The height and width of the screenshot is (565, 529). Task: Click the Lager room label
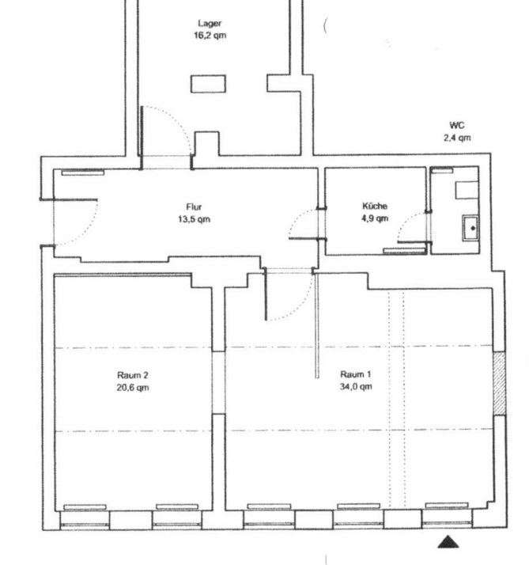pyautogui.click(x=210, y=24)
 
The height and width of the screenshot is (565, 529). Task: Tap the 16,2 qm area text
pyautogui.click(x=210, y=36)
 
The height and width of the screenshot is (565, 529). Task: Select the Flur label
pyautogui.click(x=194, y=207)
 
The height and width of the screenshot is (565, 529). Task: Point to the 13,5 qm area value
pyautogui.click(x=194, y=219)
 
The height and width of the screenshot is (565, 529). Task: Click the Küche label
pyautogui.click(x=375, y=206)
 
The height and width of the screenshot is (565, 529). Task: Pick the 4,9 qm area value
pyautogui.click(x=375, y=218)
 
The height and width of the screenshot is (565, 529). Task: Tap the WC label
pyautogui.click(x=456, y=125)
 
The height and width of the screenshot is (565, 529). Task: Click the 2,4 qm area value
pyautogui.click(x=456, y=138)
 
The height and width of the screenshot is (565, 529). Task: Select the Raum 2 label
pyautogui.click(x=133, y=375)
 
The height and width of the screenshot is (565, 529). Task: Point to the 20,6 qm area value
pyautogui.click(x=133, y=388)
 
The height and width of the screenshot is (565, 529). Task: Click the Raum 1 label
pyautogui.click(x=355, y=374)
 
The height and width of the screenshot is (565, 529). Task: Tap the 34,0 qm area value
pyautogui.click(x=355, y=387)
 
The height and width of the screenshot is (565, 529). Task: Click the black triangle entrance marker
pyautogui.click(x=448, y=542)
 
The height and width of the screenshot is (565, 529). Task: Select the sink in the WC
pyautogui.click(x=470, y=228)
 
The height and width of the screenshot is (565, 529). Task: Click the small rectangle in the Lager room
pyautogui.click(x=208, y=84)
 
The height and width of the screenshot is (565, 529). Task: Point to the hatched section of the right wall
pyautogui.click(x=499, y=383)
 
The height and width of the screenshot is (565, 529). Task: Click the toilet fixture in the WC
pyautogui.click(x=467, y=190)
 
